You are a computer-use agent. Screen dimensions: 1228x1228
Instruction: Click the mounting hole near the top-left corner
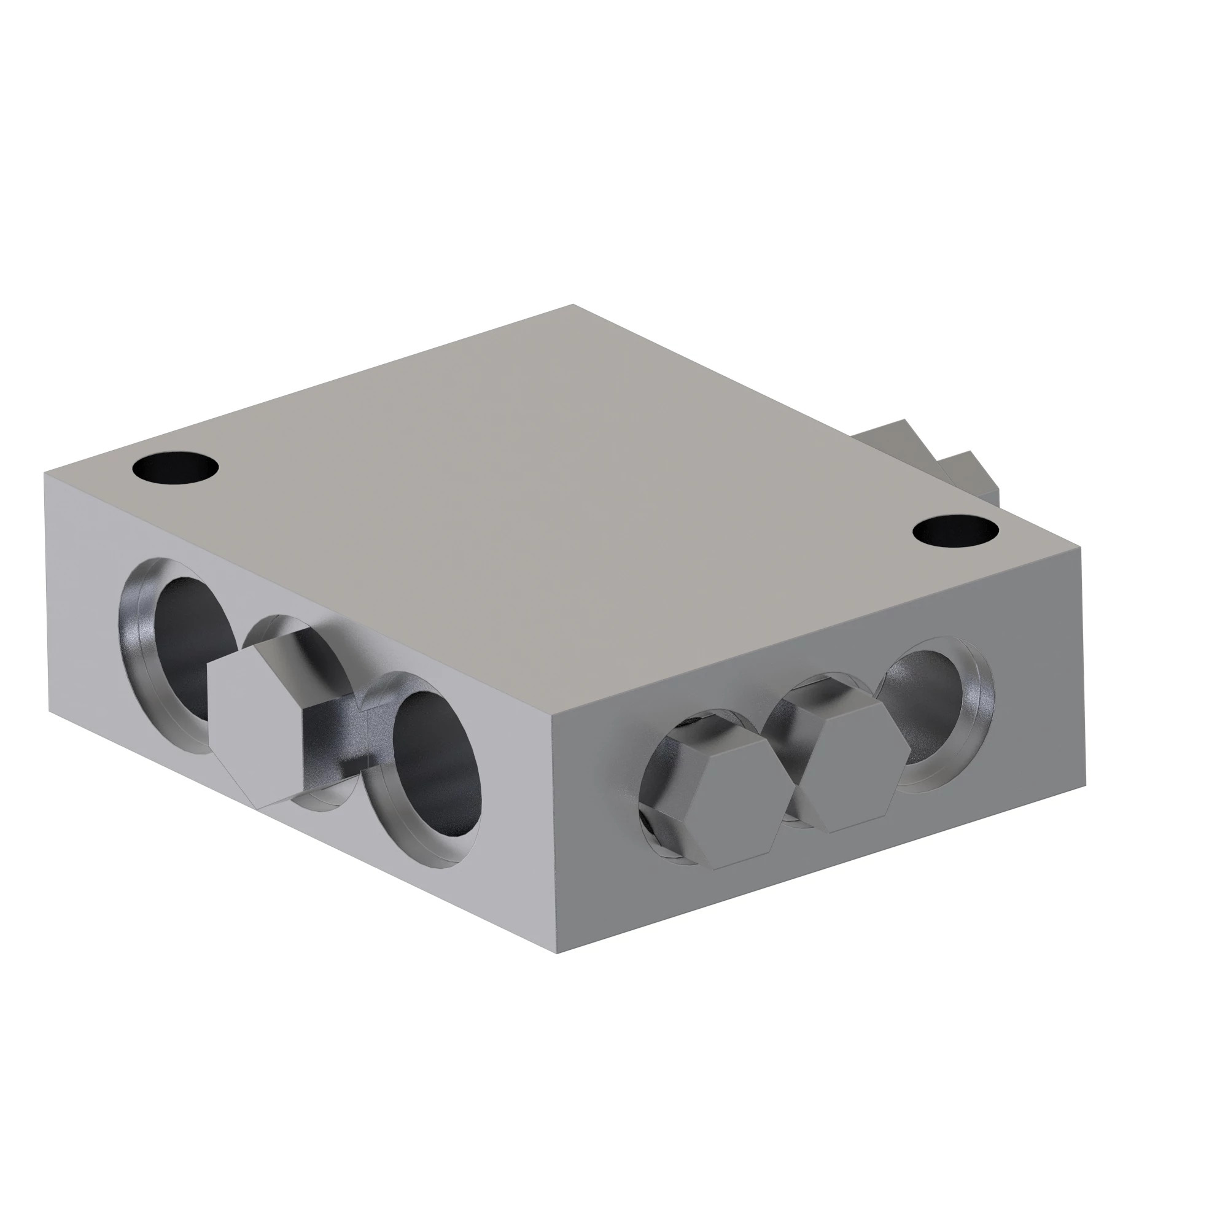pos(176,469)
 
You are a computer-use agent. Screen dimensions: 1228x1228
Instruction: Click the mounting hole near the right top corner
pos(955,530)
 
